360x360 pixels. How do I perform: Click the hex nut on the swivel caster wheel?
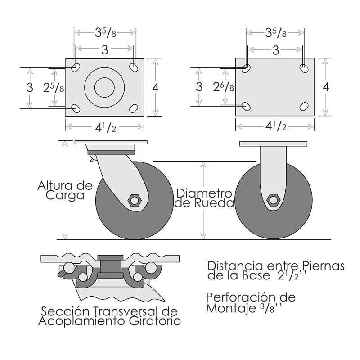[134, 200]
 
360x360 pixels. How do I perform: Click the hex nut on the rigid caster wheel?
[272, 200]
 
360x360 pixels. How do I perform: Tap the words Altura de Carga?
[65, 190]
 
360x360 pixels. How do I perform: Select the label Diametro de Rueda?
[205, 198]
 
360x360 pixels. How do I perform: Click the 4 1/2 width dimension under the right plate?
[275, 126]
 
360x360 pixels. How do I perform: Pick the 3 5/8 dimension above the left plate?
[105, 32]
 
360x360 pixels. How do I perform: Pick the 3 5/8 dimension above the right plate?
[275, 32]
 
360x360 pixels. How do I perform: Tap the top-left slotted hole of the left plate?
[76, 67]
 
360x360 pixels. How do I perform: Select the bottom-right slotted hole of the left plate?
[134, 108]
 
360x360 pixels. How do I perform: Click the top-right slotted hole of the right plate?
[304, 68]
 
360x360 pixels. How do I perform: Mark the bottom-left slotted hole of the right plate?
[247, 106]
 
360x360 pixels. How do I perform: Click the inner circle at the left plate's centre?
[104, 87]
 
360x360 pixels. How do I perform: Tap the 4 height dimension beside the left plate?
[155, 88]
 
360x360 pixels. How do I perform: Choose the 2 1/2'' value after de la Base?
[293, 276]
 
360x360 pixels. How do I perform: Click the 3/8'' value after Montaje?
[270, 309]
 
